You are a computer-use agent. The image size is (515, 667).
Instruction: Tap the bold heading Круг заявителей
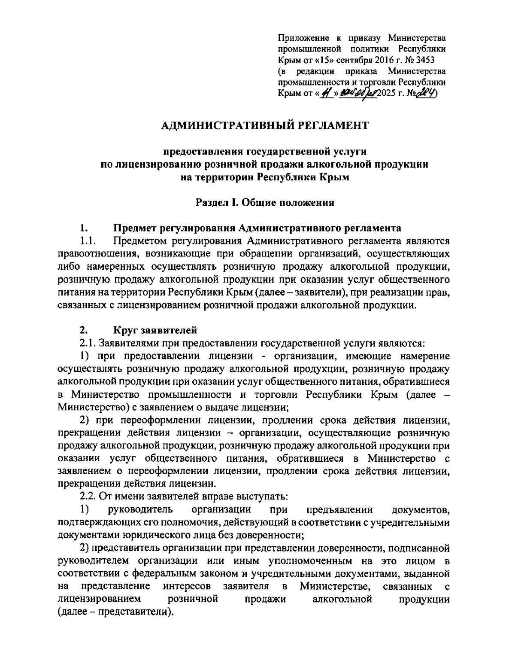point(155,331)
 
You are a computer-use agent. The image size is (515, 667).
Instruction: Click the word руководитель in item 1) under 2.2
point(141,510)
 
